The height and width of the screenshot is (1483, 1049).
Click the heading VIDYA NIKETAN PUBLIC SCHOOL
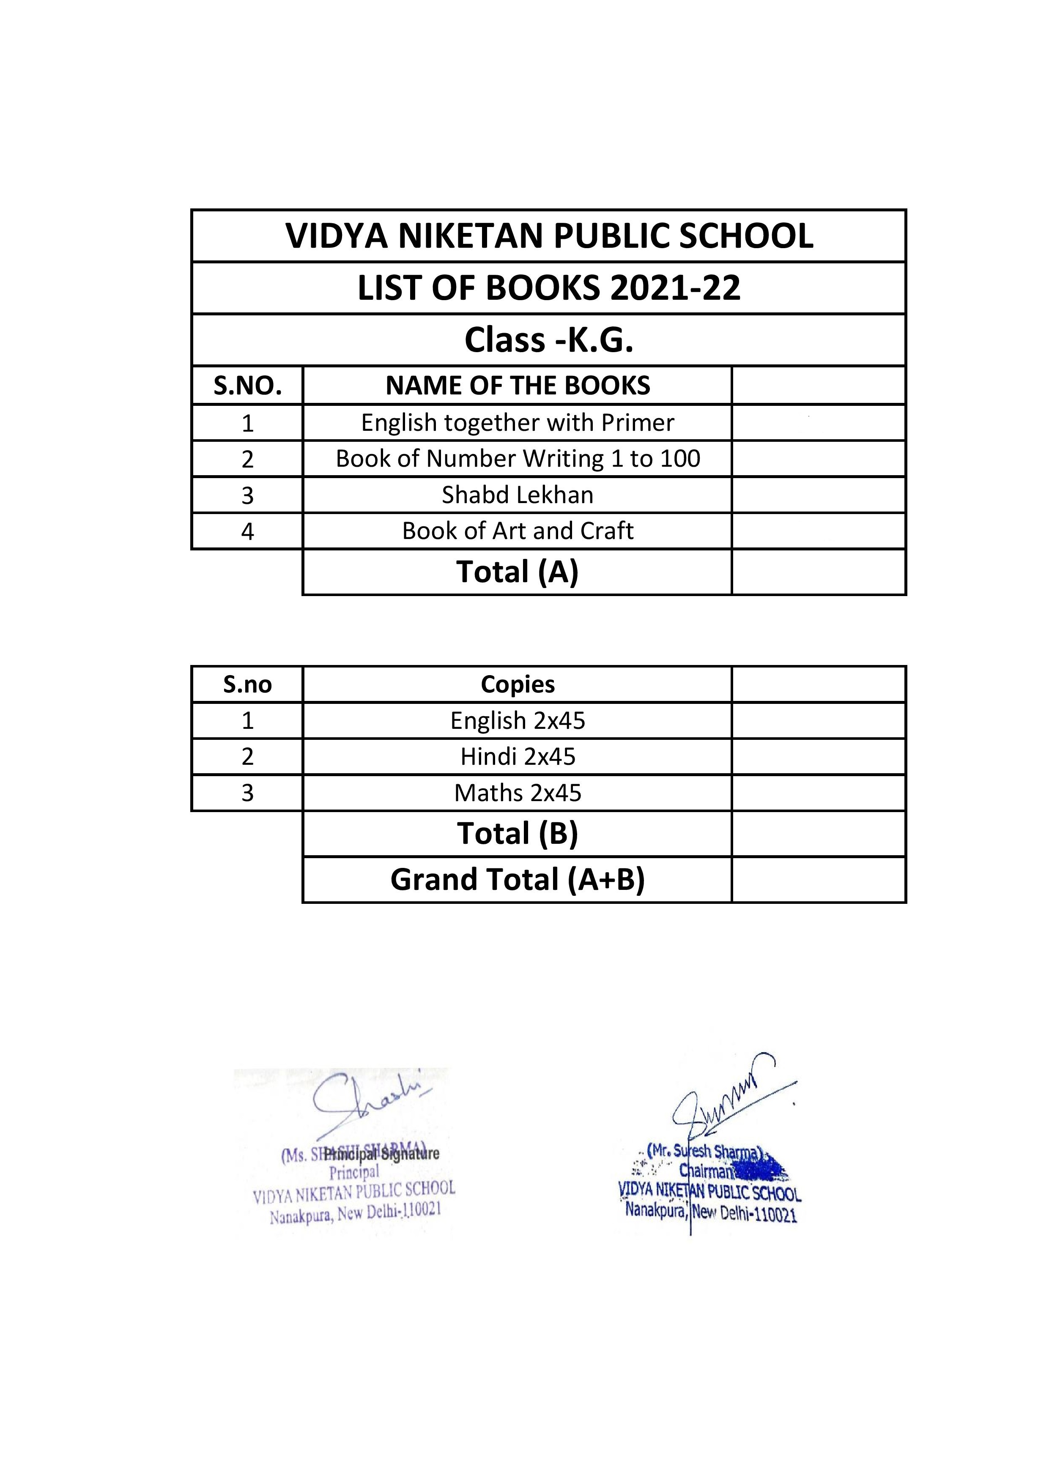[x=549, y=236]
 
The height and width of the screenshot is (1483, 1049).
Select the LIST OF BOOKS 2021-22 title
[x=549, y=288]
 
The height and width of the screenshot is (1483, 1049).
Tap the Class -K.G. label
[x=549, y=340]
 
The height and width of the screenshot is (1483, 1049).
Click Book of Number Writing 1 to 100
[x=518, y=459]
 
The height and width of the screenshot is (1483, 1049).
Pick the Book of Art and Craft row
[x=518, y=531]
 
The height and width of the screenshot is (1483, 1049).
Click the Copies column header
[x=518, y=685]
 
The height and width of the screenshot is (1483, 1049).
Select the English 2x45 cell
[x=518, y=720]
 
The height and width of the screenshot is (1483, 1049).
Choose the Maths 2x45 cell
[x=518, y=793]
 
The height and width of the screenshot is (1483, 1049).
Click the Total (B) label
[x=518, y=833]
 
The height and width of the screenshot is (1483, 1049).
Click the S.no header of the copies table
[x=247, y=685]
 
